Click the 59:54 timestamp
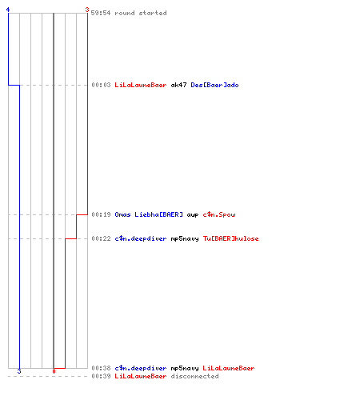101,13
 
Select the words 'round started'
141,13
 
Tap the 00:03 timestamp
101,85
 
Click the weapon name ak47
178,85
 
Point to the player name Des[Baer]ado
214,85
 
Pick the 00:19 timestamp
101,214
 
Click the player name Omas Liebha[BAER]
149,214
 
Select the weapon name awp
193,215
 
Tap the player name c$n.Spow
219,214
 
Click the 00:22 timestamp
101,238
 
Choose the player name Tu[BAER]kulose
230,238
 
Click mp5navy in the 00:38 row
185,368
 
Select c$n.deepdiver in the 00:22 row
141,238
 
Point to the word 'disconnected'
194,376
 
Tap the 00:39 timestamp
101,376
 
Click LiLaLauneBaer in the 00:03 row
141,85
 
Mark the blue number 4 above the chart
8,10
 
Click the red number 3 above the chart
87,10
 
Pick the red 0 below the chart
54,371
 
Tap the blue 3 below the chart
19,371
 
